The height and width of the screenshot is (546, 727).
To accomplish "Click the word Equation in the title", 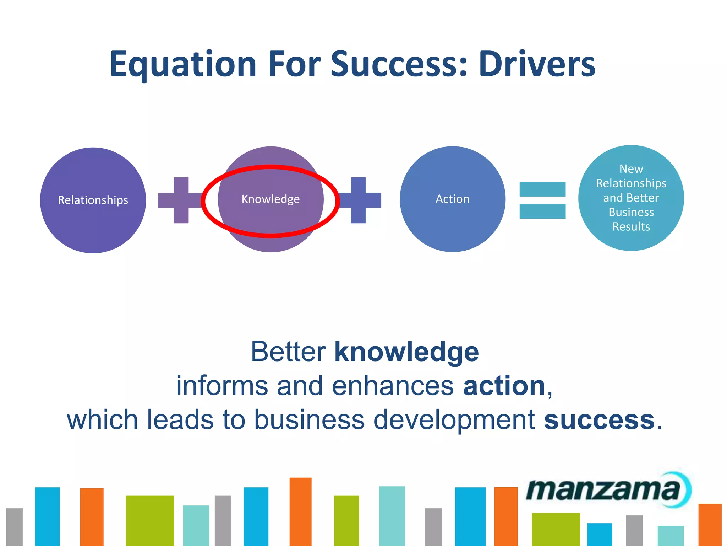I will point(183,65).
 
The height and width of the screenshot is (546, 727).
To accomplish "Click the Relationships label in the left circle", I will point(93,200).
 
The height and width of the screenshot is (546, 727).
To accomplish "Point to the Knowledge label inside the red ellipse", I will point(270,199).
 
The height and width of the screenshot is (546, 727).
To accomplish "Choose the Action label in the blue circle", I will point(452,199).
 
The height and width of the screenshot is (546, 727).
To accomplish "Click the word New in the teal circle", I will point(631,169).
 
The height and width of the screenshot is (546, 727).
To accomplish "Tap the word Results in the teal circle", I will point(631,227).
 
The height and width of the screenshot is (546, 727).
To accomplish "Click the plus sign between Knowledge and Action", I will point(359,200).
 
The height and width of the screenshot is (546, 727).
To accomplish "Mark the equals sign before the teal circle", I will point(542,200).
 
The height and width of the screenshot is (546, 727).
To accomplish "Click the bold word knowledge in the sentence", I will point(406,352).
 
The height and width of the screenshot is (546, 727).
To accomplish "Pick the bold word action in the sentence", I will point(504,386).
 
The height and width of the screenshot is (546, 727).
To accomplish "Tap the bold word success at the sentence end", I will point(599,420).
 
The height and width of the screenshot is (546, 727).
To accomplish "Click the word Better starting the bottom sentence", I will point(288,352).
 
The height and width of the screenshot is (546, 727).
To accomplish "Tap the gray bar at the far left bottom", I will point(14,527).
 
